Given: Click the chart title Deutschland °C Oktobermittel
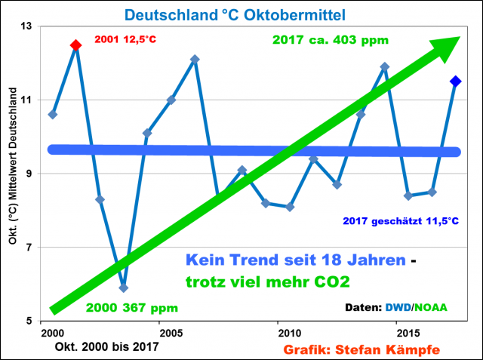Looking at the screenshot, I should click(240, 14).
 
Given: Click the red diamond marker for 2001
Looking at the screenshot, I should click(75, 45).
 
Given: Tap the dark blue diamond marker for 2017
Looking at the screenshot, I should click(456, 82).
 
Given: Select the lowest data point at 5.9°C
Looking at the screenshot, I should click(123, 288).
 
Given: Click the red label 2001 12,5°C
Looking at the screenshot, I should click(130, 39).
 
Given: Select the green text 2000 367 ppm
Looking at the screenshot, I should click(131, 308).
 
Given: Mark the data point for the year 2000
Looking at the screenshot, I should click(52, 115).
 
